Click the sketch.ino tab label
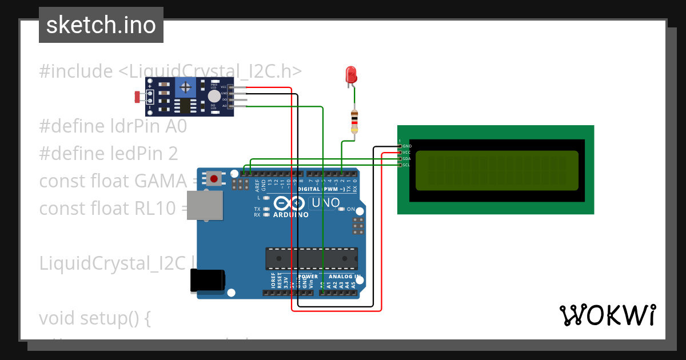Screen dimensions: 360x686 pos(101,25)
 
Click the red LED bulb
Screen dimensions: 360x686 pos(351,74)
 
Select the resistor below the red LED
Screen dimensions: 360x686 pos(354,122)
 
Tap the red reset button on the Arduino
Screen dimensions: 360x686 pos(214,179)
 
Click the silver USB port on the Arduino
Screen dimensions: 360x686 pos(206,205)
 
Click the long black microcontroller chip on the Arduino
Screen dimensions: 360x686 pos(312,258)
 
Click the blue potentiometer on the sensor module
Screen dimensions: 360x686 pos(185,87)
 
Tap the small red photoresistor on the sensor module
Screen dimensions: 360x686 pos(138,97)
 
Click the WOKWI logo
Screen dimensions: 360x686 pos(607,315)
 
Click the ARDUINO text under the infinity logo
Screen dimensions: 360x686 pos(291,215)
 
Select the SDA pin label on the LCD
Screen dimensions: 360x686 pos(406,159)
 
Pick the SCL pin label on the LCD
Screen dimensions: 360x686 pos(406,165)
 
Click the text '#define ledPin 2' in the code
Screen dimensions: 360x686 pos(109,153)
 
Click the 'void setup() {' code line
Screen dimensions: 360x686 pos(95,318)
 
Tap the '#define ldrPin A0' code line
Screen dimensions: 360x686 pos(113,126)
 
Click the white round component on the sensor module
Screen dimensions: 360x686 pos(214,97)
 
